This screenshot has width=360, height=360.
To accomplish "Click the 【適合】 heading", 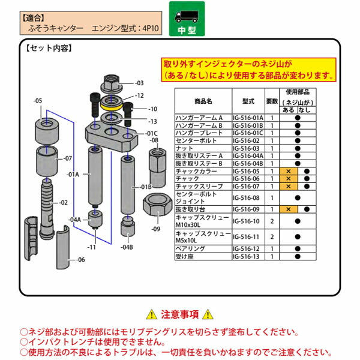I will [x=35, y=18].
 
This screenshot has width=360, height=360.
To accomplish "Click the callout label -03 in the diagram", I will [x=139, y=83].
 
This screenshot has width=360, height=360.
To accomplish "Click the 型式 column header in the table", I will [x=248, y=101].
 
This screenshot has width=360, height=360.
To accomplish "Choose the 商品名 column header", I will [x=203, y=101].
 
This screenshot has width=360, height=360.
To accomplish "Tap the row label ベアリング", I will [x=190, y=248].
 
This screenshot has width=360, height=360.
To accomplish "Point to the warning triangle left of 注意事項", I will [x=151, y=314].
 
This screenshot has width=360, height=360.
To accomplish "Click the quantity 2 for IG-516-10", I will [x=272, y=221].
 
